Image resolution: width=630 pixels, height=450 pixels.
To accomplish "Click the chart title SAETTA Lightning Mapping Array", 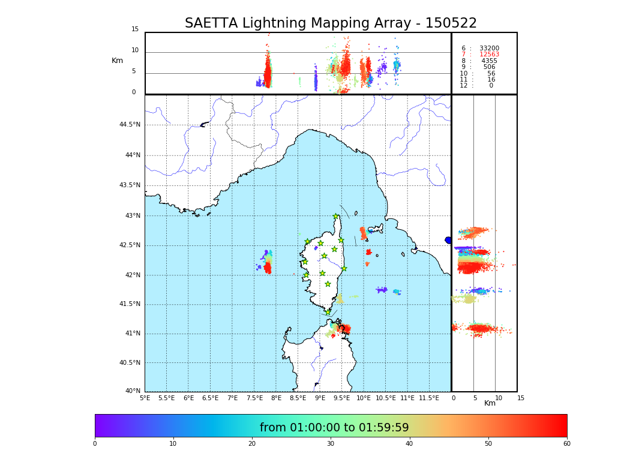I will point(331,23).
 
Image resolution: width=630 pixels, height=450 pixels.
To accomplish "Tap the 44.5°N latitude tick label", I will point(130,125).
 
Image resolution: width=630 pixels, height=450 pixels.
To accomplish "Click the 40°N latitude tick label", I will point(133,391).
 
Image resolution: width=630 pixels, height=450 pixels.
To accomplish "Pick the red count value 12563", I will point(489,55).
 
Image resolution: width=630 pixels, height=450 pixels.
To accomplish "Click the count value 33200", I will point(489,49).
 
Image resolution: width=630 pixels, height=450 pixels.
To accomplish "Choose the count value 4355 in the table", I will point(489,61).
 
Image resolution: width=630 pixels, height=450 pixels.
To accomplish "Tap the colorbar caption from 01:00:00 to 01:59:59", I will point(334,428).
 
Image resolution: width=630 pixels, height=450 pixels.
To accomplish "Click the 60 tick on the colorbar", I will point(566,444).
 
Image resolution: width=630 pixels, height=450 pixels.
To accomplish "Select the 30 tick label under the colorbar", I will point(331,444).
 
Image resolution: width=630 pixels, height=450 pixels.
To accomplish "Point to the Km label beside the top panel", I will point(117,61).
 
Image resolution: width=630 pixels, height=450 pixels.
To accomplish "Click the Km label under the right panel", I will point(490,403).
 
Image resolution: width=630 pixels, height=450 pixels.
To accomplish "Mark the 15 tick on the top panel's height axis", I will point(135,29).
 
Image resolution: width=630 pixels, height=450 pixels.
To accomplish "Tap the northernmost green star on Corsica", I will point(336,217).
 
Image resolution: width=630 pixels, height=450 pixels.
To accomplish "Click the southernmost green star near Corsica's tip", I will point(328,312).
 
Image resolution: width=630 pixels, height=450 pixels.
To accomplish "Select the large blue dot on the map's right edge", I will point(448,240).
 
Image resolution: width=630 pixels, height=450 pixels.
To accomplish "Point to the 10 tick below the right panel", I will point(499,398).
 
